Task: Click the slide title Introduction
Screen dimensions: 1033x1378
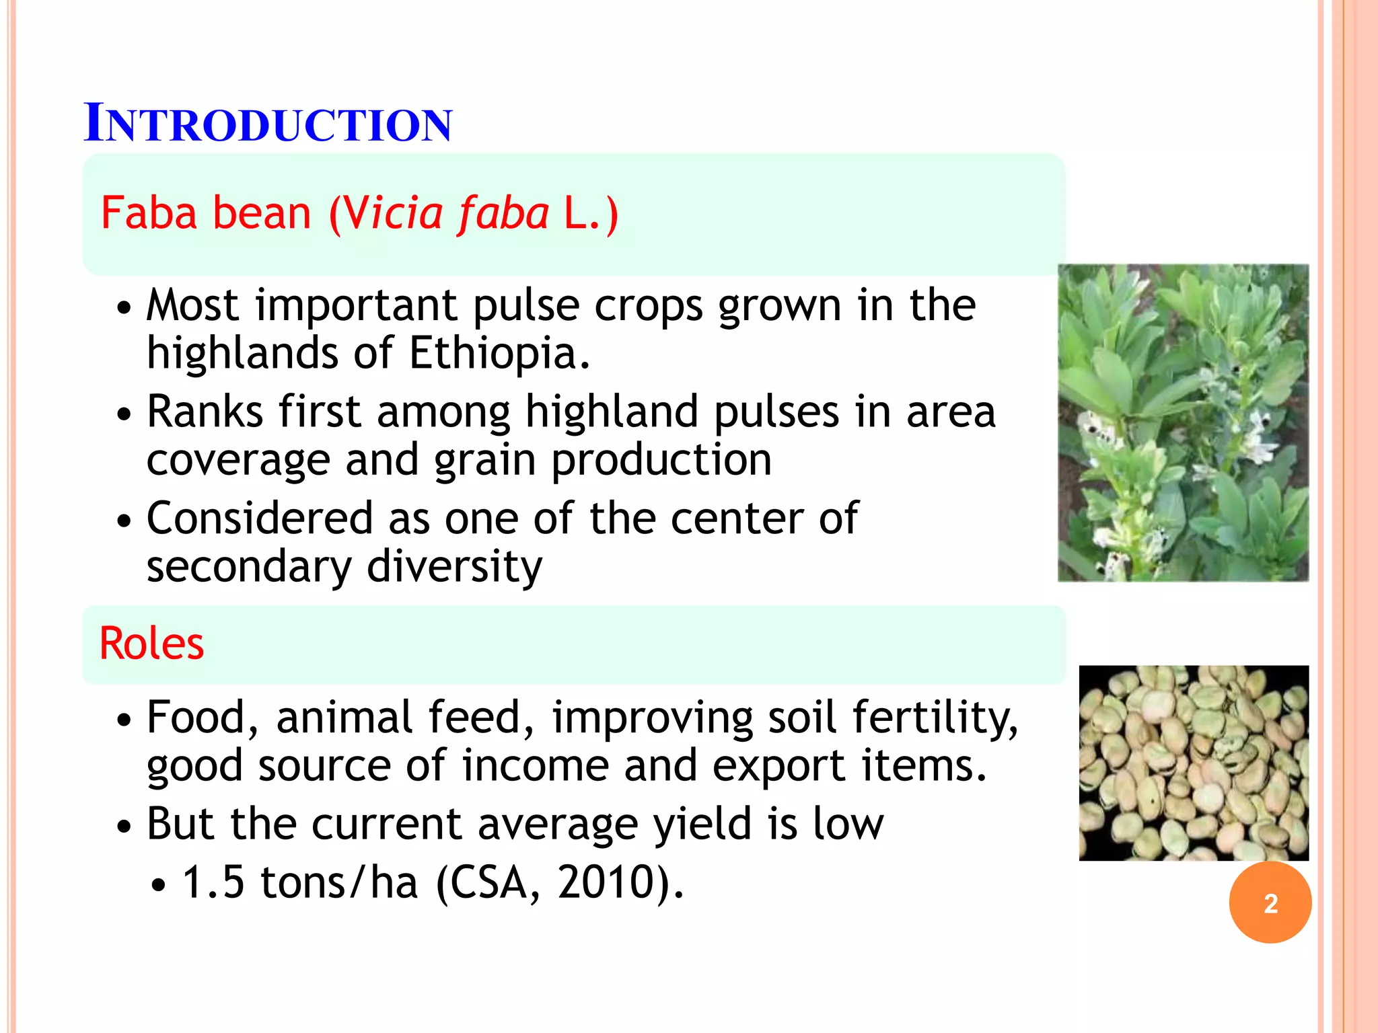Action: click(268, 124)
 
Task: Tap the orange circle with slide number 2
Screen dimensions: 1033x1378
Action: click(1270, 903)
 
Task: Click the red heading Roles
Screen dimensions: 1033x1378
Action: click(151, 644)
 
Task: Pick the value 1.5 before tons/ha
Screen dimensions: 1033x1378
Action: click(213, 882)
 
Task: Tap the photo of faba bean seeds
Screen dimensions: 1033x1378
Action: click(1194, 763)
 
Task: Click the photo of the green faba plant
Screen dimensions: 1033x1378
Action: click(1183, 422)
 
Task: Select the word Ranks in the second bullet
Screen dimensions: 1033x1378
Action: click(205, 412)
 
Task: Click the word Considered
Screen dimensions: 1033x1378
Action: click(260, 519)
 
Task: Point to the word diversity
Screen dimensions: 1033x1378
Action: click(454, 566)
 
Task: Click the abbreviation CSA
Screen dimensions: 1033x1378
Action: click(488, 882)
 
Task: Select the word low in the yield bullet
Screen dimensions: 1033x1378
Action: click(848, 824)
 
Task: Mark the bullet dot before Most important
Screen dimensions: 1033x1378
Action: click(123, 309)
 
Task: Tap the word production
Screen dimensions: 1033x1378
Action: click(661, 461)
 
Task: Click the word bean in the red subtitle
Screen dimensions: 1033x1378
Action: click(262, 214)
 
